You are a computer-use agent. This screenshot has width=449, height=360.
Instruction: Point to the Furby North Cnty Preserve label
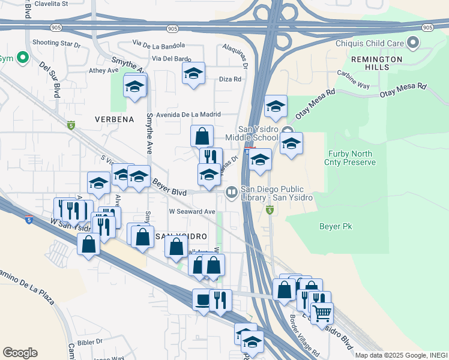click(351, 158)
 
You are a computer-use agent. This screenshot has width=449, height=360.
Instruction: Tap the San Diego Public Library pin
click(231, 193)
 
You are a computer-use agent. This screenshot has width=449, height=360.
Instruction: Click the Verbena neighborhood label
click(114, 119)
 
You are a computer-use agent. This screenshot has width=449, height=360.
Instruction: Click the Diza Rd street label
click(230, 79)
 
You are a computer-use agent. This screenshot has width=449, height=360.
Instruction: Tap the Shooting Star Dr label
click(56, 43)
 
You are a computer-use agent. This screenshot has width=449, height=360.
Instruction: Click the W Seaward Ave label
click(191, 211)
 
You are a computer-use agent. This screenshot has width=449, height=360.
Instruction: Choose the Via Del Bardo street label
click(172, 59)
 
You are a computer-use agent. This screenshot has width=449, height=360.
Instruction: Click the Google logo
click(20, 352)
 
